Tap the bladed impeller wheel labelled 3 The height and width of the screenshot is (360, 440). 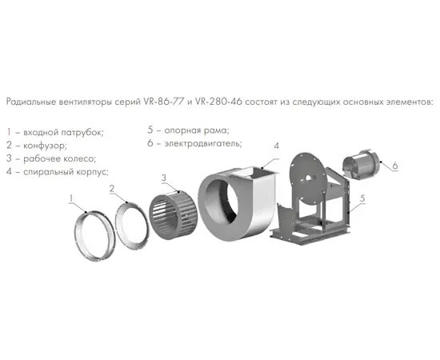tap(173, 215)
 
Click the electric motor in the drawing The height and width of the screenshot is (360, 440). tap(361, 165)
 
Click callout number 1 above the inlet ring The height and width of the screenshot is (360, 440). tap(71, 199)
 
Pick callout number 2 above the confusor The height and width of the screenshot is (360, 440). tap(112, 189)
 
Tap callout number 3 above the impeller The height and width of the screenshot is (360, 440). tap(164, 178)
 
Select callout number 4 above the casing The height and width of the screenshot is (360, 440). tap(277, 146)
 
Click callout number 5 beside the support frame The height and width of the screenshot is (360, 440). tap(362, 198)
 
